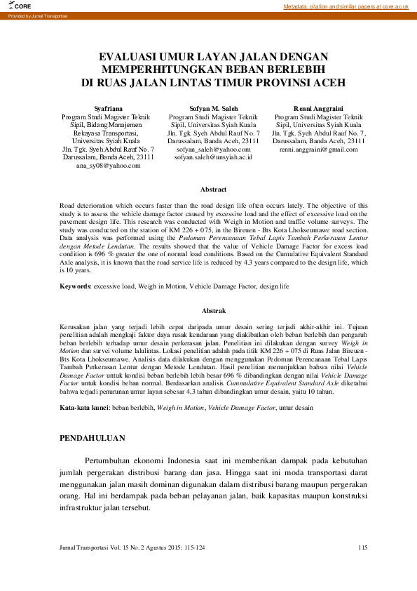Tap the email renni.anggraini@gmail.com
[319, 150]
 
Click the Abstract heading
[213, 190]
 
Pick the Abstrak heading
[213, 310]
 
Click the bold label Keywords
[75, 287]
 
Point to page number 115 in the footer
[362, 547]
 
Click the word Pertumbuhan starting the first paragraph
[109, 460]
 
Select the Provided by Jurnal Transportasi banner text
[34, 15]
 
